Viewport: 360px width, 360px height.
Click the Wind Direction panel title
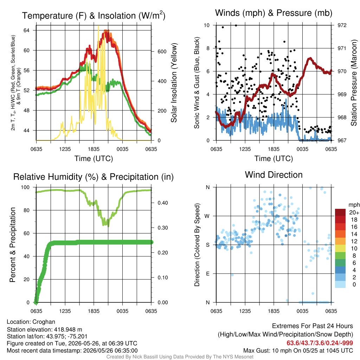click(x=274, y=175)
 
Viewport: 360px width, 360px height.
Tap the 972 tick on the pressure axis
click(x=342, y=25)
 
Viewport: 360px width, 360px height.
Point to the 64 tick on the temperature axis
click(x=26, y=30)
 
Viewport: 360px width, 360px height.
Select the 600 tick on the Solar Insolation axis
click(x=162, y=51)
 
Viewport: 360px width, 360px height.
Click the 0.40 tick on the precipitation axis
click(x=163, y=203)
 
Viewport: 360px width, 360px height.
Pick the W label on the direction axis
click(x=207, y=216)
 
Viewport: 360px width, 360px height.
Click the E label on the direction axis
click(x=208, y=274)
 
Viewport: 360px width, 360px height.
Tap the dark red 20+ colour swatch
click(x=340, y=212)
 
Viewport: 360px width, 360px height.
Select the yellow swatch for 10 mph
click(x=340, y=249)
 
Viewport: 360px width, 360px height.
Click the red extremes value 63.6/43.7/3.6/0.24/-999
click(x=320, y=343)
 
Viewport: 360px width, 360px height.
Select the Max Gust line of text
click(x=298, y=351)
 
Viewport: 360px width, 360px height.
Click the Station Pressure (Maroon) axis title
click(x=354, y=83)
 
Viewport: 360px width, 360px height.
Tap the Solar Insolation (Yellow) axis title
click(x=174, y=83)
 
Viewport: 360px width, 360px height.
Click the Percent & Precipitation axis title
click(x=12, y=245)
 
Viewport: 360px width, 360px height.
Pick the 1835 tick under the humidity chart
click(x=94, y=311)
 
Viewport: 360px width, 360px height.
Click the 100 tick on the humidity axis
click(x=25, y=187)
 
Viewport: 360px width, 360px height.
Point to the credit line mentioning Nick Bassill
click(x=180, y=357)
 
